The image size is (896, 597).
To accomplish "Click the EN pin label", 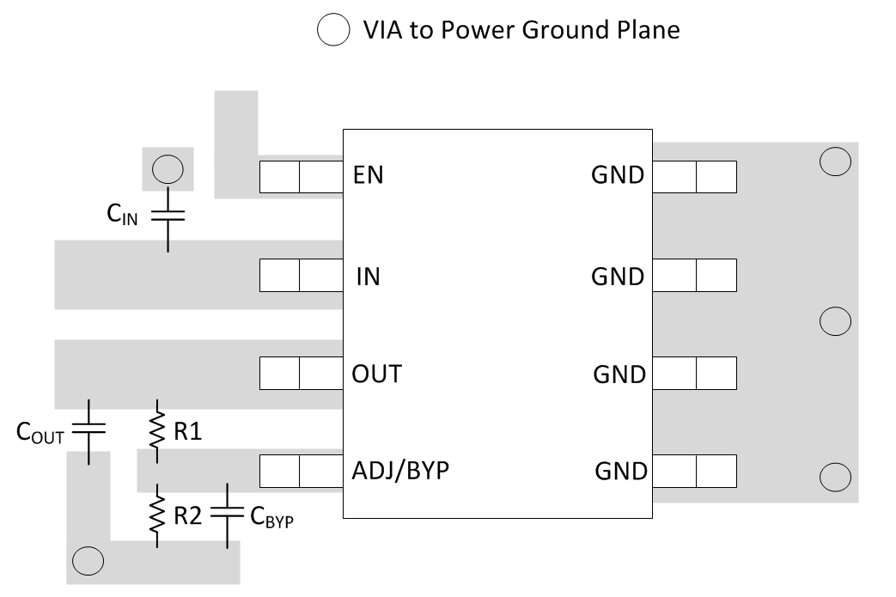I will point(368,175).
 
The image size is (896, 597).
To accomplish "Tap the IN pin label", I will point(368,277).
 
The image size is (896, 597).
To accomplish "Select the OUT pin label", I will point(377,375).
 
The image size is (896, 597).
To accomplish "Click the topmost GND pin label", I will point(618,175).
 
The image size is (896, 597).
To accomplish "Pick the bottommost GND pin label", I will point(619,472).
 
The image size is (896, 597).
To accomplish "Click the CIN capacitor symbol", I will point(168,215).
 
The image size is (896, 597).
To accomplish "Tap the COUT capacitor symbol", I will point(88,429).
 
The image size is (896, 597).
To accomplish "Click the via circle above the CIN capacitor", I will point(168,169).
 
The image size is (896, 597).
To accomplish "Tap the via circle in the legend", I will point(332,30).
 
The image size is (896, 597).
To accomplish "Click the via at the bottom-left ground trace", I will point(88,560).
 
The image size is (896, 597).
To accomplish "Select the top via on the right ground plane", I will point(835,161).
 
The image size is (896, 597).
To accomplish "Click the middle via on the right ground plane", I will point(835,320).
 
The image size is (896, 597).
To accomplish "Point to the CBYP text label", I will point(272,517).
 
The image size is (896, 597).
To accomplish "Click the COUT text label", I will point(40,433).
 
